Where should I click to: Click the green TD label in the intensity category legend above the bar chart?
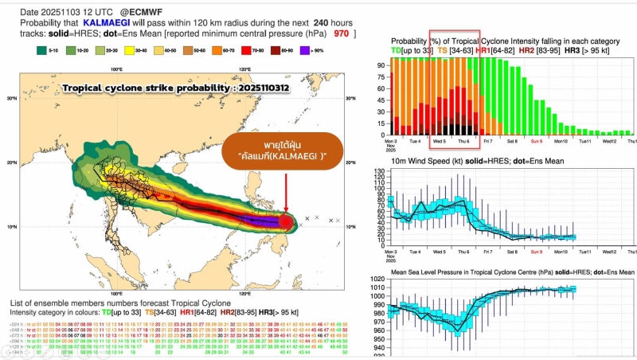[397, 50]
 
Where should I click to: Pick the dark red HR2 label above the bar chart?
[526, 50]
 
